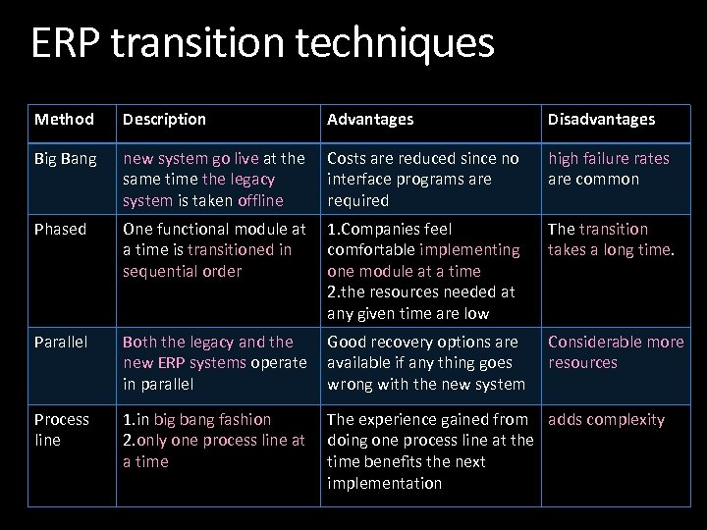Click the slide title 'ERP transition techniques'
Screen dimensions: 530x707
point(262,43)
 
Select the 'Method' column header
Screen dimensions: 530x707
point(64,119)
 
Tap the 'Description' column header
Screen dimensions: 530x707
point(164,119)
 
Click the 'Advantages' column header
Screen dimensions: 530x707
point(370,119)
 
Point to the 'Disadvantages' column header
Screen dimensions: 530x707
point(601,119)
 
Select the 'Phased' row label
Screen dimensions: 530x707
point(61,229)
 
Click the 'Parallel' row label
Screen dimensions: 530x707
point(62,342)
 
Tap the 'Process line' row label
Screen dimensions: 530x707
point(62,430)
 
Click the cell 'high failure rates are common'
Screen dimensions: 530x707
point(608,169)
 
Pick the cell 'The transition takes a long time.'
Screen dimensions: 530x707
point(610,239)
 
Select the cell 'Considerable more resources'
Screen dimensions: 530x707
point(615,352)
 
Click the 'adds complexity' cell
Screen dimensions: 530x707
point(606,419)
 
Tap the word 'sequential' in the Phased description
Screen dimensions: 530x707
point(158,271)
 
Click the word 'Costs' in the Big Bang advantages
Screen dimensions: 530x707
point(349,158)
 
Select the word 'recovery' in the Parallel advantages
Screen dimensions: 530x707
point(403,342)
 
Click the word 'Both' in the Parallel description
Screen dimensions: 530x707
point(139,342)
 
